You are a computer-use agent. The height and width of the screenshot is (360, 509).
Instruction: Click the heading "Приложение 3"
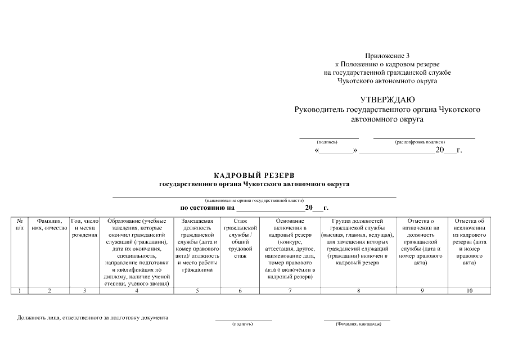(387, 55)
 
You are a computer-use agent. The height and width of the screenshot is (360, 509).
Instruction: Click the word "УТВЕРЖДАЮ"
(387, 100)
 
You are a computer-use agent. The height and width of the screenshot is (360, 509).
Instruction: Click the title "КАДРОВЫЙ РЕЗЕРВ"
(254, 175)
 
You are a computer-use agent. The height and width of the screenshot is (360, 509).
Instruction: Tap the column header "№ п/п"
(20, 224)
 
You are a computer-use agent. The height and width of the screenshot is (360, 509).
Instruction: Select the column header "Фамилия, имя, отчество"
(49, 224)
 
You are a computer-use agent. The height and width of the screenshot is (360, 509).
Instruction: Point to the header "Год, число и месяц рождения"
(85, 228)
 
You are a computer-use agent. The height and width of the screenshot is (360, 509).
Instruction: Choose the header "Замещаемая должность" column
(197, 245)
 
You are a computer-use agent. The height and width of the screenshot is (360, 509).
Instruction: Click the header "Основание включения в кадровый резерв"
(290, 248)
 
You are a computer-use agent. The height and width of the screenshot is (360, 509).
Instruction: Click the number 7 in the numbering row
(290, 290)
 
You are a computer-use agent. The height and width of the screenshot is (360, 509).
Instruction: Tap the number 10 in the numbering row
(469, 290)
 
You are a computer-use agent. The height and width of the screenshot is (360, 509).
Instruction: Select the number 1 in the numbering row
(20, 290)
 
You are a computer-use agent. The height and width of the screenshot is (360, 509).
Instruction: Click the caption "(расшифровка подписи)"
(424, 142)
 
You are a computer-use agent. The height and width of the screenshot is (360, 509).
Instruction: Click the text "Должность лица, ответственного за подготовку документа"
(93, 318)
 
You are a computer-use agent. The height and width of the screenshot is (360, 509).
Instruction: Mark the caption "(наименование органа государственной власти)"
(254, 201)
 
